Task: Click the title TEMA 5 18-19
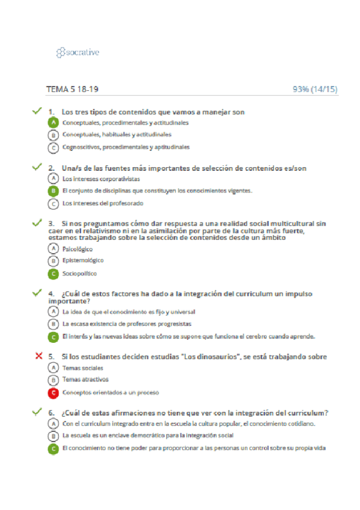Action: [x=72, y=90]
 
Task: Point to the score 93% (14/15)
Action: [x=315, y=90]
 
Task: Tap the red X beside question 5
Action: [x=39, y=356]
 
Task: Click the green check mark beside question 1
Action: [x=37, y=111]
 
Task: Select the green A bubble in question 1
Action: [x=53, y=123]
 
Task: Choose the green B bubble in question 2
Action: [x=53, y=191]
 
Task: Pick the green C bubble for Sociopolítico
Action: [x=53, y=274]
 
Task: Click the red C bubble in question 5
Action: [x=53, y=393]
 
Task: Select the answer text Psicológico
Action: [x=78, y=248]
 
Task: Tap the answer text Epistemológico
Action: [x=83, y=260]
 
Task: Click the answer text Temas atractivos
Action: [x=85, y=380]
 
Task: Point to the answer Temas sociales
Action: [x=82, y=368]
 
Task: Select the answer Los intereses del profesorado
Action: [x=103, y=203]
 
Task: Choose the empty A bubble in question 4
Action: [x=53, y=312]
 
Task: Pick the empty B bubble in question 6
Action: [x=53, y=435]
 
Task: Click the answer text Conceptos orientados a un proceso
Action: [x=111, y=393]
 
